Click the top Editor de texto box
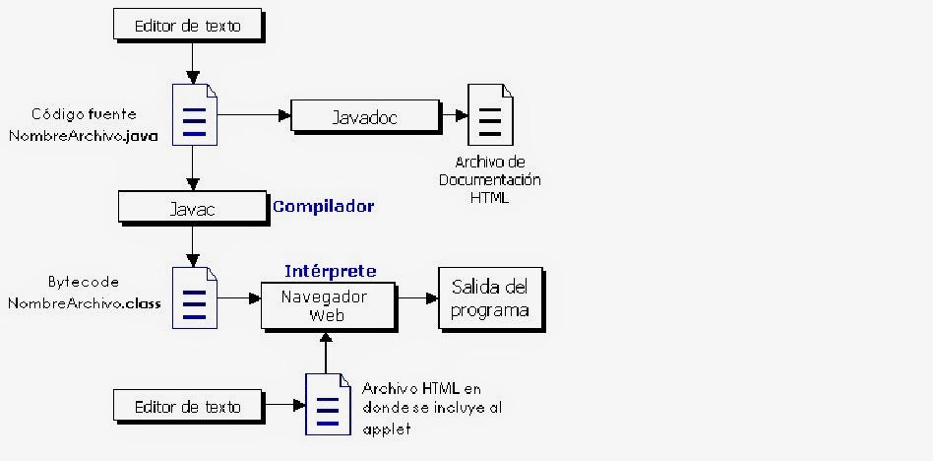point(187,25)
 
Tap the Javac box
point(193,209)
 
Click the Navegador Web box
point(325,305)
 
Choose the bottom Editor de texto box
point(187,405)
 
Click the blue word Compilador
point(323,207)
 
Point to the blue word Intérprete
point(331,271)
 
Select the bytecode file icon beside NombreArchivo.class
point(195,297)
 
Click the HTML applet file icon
point(328,404)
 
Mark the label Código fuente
point(84,114)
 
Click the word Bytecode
point(84,282)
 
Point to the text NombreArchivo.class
point(84,303)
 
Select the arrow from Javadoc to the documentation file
point(453,115)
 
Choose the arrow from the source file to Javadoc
point(254,115)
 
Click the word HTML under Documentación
point(496,199)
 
